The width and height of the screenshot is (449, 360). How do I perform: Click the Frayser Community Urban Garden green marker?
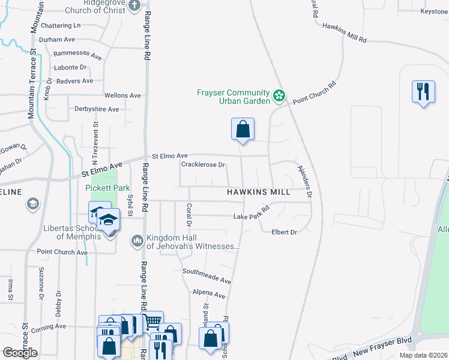coord(279,95)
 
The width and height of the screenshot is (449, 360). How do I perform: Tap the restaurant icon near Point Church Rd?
coord(423,92)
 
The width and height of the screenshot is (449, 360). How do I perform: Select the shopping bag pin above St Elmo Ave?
coord(243,129)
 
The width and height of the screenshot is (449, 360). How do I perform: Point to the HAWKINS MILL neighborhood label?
coord(258,192)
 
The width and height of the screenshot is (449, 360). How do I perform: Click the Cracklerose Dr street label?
coord(203,164)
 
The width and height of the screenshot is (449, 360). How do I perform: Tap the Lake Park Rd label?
coord(251,216)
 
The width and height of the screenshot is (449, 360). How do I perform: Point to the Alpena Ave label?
coord(208,295)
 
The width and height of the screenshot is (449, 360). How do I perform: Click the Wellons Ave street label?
coord(122,95)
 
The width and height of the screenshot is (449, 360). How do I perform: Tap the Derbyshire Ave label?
coord(97,109)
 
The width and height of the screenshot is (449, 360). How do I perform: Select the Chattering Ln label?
coord(60,26)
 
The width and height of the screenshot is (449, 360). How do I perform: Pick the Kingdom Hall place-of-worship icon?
coord(136,241)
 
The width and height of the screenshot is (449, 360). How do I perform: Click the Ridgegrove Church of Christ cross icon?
coord(134,5)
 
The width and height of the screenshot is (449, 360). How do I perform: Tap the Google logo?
coord(20,353)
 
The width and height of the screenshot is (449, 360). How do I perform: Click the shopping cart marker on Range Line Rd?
coord(152,322)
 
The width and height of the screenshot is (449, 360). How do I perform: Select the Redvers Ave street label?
coord(74,81)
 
